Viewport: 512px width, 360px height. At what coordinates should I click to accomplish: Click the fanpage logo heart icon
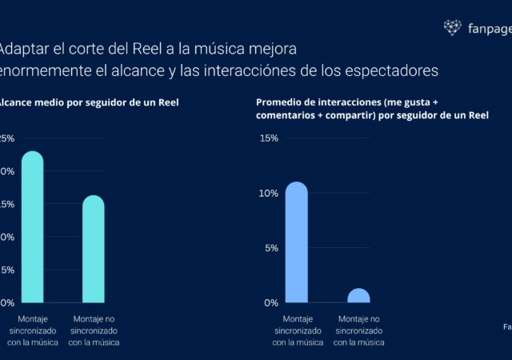tap(453, 28)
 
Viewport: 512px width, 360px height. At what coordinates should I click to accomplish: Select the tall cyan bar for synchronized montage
tap(32, 228)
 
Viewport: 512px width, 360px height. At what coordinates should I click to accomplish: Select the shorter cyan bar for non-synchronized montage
tap(94, 250)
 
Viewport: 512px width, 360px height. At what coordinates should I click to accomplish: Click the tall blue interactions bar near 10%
tap(297, 243)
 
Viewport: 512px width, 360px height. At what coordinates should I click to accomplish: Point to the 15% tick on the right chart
tap(269, 138)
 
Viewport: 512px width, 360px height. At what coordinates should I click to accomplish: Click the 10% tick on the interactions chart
tap(269, 194)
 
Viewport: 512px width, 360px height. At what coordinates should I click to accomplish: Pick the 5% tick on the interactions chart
tap(270, 248)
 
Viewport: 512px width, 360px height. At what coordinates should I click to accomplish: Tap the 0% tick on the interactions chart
tap(270, 302)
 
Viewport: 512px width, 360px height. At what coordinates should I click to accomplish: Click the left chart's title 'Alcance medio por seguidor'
tap(64, 103)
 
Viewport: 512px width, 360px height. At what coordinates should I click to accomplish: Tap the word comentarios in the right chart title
tap(290, 117)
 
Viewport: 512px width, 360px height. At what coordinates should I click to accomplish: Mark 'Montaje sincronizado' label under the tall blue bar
tap(297, 330)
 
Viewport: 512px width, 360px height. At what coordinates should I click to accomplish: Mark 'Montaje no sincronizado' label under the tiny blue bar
tap(358, 330)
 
